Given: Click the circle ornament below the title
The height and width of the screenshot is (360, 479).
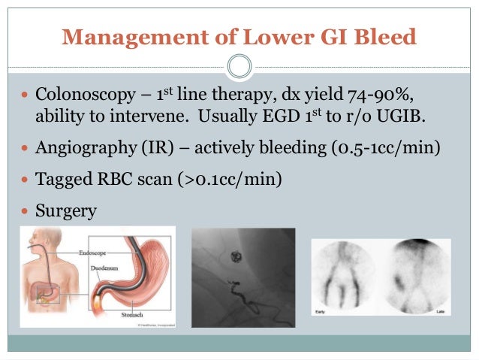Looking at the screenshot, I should [x=239, y=68].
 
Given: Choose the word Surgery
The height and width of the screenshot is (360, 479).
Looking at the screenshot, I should [x=66, y=211].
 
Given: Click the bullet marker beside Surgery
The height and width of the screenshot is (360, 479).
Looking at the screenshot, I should [x=26, y=211].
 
